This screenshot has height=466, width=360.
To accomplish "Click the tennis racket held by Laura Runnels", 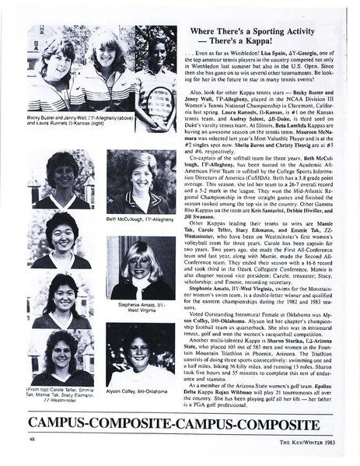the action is point(159,99).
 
